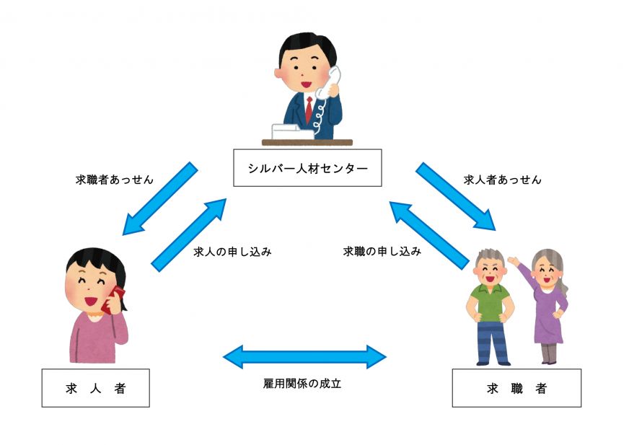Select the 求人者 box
(x=95, y=388)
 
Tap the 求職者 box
(x=516, y=388)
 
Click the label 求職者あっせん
(x=115, y=180)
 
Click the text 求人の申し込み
(x=232, y=252)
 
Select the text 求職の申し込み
(x=382, y=252)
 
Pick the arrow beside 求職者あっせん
(x=160, y=198)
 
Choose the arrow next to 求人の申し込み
(x=189, y=235)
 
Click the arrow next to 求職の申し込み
(x=426, y=235)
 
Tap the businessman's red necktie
(x=309, y=108)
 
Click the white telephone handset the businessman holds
(x=333, y=82)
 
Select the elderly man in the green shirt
(x=490, y=303)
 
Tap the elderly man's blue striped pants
(x=492, y=340)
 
